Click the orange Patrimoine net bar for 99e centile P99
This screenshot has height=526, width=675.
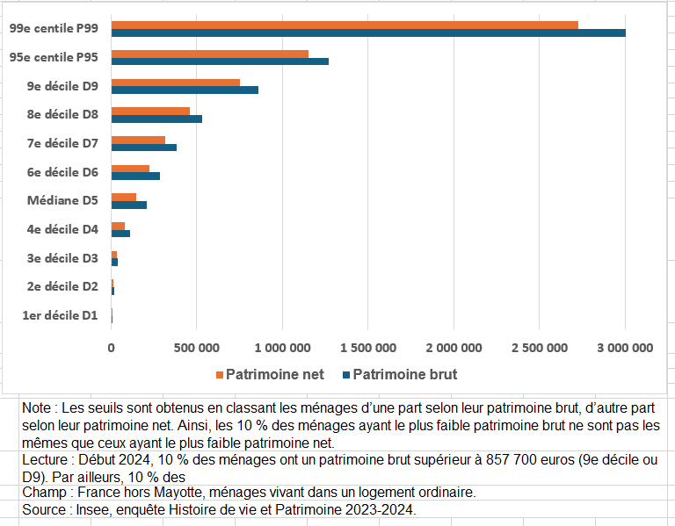(345, 25)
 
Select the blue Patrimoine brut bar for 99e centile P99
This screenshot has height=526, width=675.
(368, 33)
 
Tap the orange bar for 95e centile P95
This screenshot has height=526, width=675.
(210, 53)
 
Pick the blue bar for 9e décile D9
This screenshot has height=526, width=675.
(185, 90)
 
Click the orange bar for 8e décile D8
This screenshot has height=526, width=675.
(150, 111)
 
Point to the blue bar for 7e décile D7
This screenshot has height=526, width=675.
(144, 147)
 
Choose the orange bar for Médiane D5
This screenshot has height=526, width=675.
(124, 197)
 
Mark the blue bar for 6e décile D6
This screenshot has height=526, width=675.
(135, 176)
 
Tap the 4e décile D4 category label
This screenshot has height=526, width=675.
(62, 229)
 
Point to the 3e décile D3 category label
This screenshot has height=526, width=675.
(62, 258)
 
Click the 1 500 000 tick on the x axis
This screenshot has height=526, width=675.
(367, 348)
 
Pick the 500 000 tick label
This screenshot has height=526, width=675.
(197, 348)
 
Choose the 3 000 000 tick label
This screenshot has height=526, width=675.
(625, 348)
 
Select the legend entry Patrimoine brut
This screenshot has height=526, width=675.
(404, 375)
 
